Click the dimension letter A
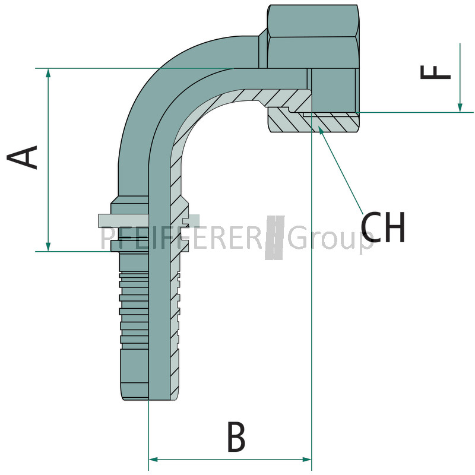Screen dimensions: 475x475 pos(22,157)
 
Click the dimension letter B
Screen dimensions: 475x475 pos(236,436)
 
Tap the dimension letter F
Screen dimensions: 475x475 pos(435,72)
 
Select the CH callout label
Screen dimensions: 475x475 pos(382,227)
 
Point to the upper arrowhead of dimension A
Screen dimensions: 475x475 pos(48,73)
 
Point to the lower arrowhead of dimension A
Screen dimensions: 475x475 pos(48,246)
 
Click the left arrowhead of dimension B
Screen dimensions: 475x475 pos(154,460)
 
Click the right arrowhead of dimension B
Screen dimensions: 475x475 pos(306,460)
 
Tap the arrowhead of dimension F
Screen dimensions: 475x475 pos(460,107)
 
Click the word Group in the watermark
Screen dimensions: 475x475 pos(330,239)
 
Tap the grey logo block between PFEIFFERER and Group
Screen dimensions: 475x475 pos(275,238)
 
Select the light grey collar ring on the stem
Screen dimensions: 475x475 pos(123,221)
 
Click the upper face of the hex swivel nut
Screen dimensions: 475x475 pos(313,21)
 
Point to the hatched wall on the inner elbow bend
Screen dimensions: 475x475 pos(194,121)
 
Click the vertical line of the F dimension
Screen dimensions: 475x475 pos(460,78)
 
